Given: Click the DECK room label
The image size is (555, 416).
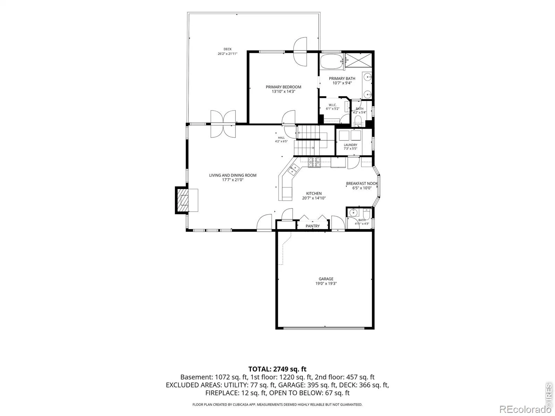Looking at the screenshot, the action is click(227, 49).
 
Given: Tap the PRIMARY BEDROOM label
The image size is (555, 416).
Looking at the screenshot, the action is click(283, 87).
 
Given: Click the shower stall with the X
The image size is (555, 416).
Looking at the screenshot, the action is click(359, 60).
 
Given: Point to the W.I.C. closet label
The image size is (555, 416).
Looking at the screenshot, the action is click(333, 105).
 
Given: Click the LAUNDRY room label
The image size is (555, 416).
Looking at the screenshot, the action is click(350, 145).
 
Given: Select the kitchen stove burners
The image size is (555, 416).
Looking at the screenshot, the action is click(314, 162).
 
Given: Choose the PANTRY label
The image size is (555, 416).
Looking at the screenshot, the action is click(313, 226).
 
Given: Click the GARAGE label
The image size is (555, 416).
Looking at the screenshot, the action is click(326, 279).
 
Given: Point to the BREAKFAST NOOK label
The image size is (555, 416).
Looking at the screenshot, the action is click(362, 184).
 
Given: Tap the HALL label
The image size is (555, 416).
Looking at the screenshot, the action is click(281, 138).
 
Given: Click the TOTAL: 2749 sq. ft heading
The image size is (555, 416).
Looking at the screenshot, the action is click(277, 369).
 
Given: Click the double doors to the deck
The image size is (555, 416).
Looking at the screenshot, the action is click(223, 124).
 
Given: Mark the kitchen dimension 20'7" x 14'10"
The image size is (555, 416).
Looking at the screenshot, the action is click(314, 198).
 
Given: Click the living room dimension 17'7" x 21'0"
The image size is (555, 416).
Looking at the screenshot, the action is click(233, 180).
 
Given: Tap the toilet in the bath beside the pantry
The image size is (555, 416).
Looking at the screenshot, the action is click(366, 215).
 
